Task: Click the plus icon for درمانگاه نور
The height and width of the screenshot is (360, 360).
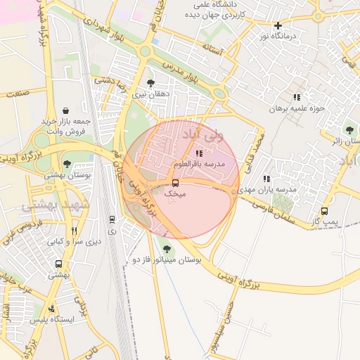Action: point(278,25)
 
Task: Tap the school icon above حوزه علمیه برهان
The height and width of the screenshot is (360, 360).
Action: point(297,97)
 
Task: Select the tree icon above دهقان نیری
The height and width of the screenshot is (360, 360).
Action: point(150,83)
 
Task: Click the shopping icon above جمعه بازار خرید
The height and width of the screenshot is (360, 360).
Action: point(65,110)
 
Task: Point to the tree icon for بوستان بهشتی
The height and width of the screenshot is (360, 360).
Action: point(67,164)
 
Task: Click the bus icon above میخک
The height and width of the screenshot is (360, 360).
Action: point(176,183)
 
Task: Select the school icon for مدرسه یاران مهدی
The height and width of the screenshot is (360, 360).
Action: point(266,179)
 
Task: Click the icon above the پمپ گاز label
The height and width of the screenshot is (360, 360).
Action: point(324,211)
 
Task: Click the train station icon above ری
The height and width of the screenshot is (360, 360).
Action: point(112,220)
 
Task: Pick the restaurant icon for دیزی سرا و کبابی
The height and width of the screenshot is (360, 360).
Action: point(74,230)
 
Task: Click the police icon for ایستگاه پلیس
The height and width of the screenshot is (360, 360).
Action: point(51,309)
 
